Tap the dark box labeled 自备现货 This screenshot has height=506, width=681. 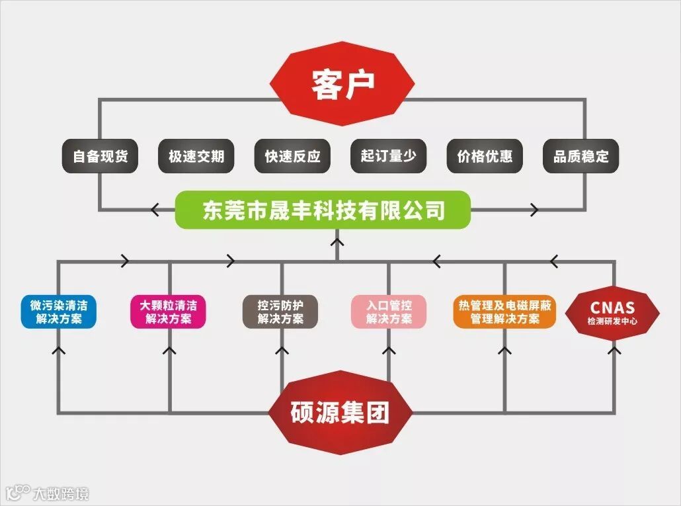pos(100,157)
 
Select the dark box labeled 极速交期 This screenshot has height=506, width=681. pos(196,157)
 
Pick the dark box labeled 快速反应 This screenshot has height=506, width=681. pos(292,157)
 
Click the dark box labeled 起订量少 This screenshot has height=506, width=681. pos(389,157)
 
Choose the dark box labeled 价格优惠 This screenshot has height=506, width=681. pos(485,157)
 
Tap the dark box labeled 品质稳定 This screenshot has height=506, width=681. pos(581,157)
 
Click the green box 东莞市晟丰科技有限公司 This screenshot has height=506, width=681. pos(323,210)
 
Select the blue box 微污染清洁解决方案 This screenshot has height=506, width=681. pos(59,312)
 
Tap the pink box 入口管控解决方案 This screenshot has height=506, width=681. pos(389,312)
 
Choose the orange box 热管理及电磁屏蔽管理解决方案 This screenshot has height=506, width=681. pos(504,312)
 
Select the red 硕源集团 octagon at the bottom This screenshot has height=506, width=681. pos(340,413)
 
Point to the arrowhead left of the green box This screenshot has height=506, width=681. pos(156,210)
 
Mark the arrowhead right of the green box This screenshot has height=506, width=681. pos(533,210)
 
